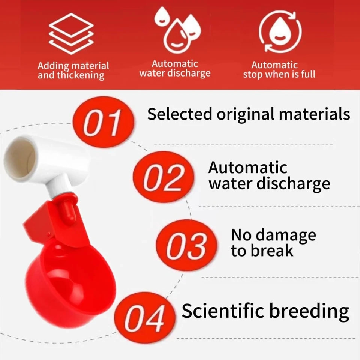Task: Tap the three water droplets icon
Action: tap(177, 30)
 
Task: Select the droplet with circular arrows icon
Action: tap(280, 31)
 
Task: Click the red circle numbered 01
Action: tap(103, 121)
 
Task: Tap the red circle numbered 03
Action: tap(186, 245)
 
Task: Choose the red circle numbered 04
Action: tap(145, 318)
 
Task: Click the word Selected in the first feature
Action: tap(180, 114)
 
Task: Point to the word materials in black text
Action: tap(315, 114)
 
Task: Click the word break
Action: tap(272, 250)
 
